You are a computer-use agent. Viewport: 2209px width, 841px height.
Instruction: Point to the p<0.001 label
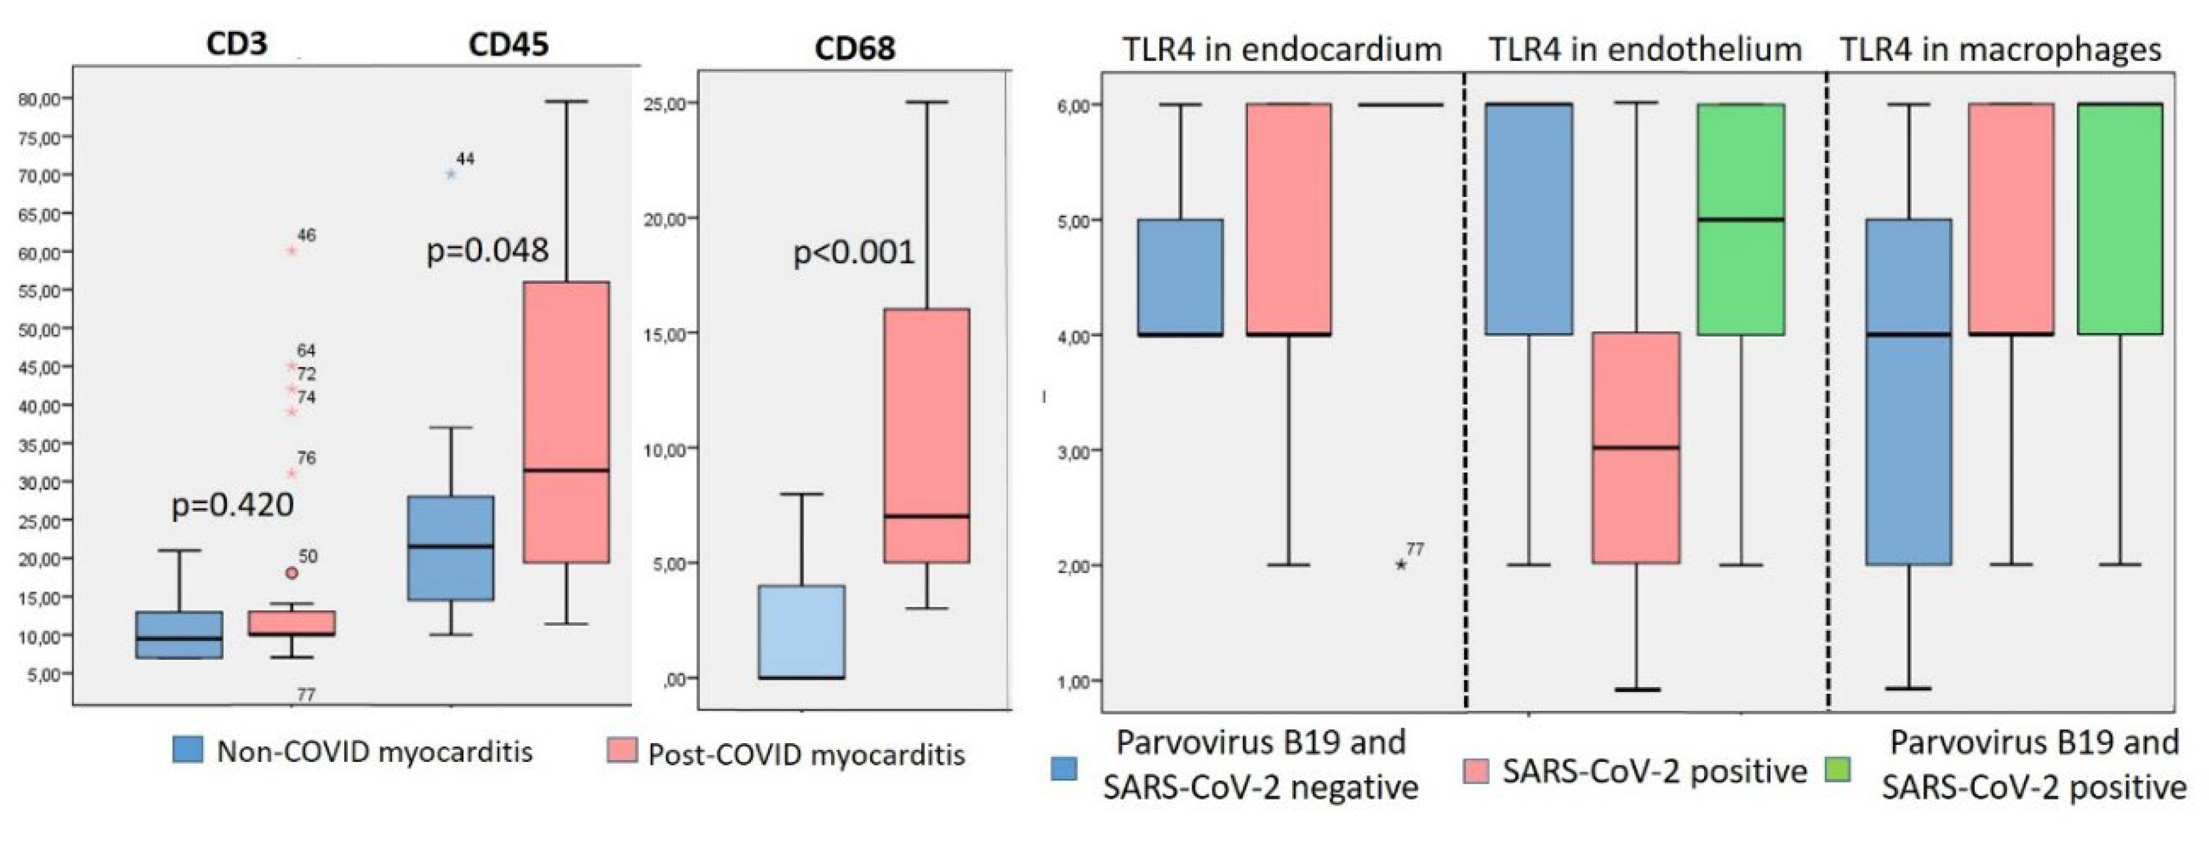coord(853,252)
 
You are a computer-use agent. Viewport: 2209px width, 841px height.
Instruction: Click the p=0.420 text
coord(232,504)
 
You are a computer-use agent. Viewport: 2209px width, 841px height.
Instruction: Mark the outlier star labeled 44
coord(451,174)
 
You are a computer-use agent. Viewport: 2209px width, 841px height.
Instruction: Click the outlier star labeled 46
coord(292,251)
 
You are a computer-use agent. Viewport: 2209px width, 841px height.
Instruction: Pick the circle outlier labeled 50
coord(292,573)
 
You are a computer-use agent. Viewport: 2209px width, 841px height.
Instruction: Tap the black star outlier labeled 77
coord(1401,564)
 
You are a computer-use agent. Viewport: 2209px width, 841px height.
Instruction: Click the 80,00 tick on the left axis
coord(39,100)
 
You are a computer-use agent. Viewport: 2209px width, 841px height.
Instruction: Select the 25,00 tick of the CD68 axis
coord(664,103)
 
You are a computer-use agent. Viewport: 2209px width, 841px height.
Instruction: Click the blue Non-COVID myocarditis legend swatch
coord(188,749)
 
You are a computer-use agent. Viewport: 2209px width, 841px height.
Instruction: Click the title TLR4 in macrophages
coord(2000,50)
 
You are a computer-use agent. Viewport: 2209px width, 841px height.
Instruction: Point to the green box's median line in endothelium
coord(1741,219)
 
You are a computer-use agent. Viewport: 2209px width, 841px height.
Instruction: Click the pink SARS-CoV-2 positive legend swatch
coord(1476,771)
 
